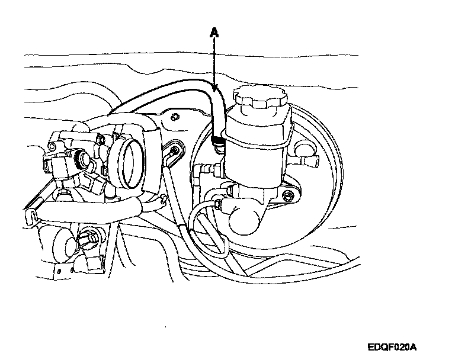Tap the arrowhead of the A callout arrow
coord(216,89)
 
